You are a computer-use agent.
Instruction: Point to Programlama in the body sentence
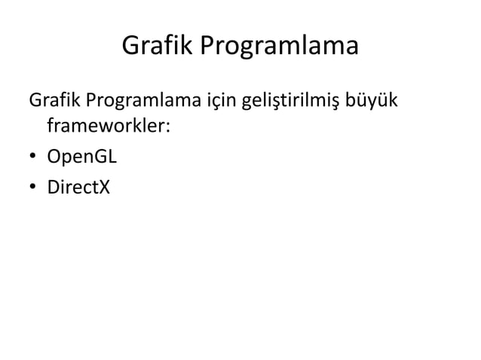point(148,101)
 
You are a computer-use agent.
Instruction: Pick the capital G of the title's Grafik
point(130,49)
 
